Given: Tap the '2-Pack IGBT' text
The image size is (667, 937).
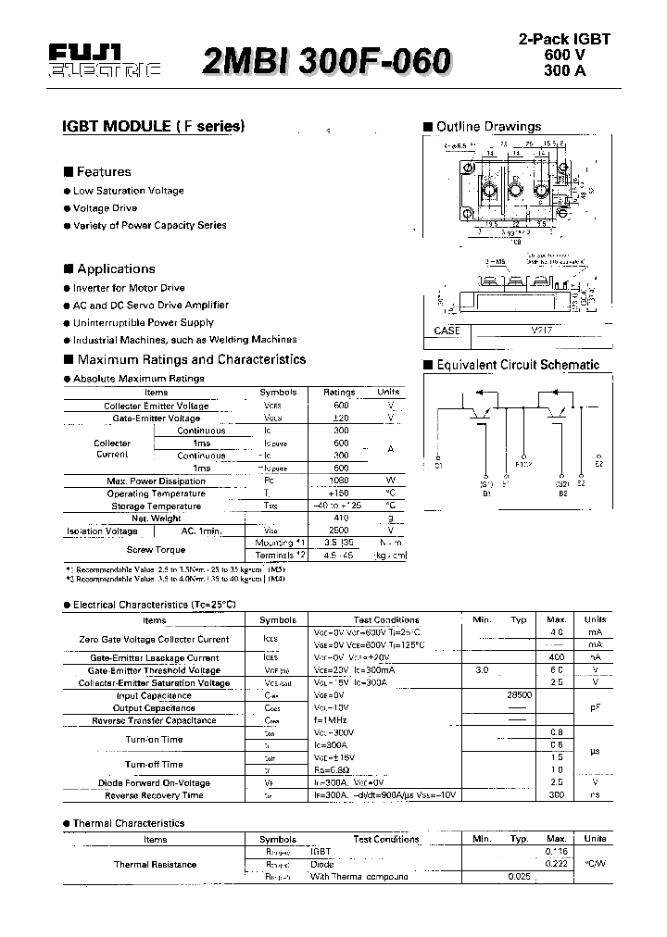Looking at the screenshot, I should point(563,40).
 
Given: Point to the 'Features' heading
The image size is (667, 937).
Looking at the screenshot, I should point(103,171).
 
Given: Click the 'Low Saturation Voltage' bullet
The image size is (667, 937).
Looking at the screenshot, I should point(128,191).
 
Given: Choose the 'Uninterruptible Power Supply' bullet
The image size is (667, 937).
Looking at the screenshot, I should point(143,322).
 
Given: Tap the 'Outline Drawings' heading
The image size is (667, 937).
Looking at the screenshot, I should point(488,127).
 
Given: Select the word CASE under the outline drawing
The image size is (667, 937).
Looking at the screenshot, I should point(447,331).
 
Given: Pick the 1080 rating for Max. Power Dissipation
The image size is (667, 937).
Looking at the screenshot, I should point(341,481).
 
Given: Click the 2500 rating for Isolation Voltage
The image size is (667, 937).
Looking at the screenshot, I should point(341,531).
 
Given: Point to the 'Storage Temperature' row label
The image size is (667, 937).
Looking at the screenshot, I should point(156,506).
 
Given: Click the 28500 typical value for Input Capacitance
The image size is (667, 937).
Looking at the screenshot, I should point(518,695).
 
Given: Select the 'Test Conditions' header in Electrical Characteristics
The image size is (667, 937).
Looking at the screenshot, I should point(386,620).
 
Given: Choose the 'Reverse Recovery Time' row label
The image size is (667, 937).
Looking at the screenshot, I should point(154,795).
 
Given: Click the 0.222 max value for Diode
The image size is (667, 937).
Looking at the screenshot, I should point(556,863).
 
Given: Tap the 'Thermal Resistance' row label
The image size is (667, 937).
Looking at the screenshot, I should point(155,864).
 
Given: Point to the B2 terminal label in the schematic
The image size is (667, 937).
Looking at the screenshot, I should point(562,493).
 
